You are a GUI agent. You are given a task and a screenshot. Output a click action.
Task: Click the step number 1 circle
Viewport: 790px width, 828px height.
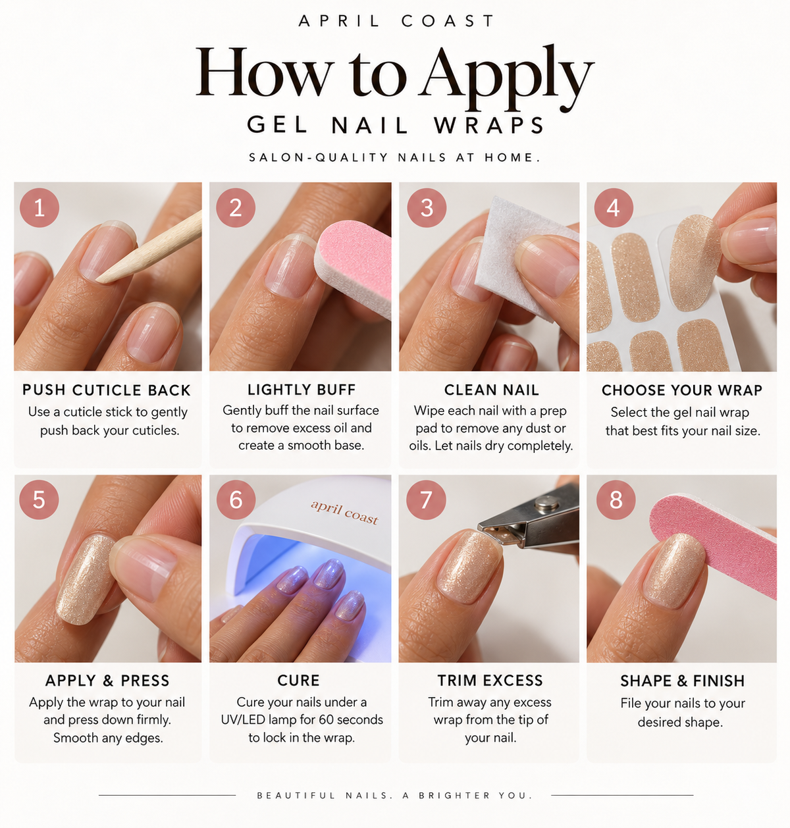coord(39,207)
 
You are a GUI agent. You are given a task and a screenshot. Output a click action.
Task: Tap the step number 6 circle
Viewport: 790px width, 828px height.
coord(236,500)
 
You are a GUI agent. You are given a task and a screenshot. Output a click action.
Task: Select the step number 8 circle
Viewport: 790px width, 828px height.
coord(616,500)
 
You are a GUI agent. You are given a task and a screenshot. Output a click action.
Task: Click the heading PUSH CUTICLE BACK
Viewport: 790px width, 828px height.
coord(107,390)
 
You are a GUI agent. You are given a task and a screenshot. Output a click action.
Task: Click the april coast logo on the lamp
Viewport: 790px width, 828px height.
coord(345,512)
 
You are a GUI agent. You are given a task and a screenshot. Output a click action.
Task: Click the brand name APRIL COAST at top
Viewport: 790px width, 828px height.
coord(396,21)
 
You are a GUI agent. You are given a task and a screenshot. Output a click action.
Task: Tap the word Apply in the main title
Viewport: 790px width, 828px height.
coord(506,76)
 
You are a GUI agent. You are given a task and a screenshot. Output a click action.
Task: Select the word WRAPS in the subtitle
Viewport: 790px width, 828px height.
coord(489,126)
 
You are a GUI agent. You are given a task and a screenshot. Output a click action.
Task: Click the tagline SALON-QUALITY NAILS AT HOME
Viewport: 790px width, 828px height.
coord(395,157)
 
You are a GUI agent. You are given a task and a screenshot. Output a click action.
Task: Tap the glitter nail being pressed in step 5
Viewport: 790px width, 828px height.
coord(86,579)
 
